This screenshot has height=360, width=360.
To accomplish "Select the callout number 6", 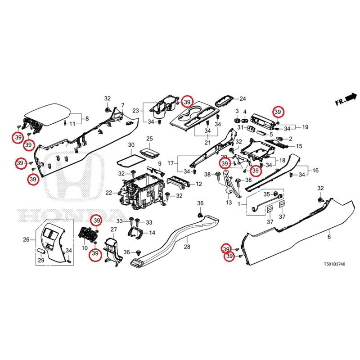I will pos(329,237).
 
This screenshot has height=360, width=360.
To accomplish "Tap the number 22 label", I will pos(108,193).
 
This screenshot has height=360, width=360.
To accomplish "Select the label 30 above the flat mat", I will pos(131,145).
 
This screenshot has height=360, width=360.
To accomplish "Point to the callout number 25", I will pos(150,138).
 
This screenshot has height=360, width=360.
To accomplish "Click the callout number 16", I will pos(315,171).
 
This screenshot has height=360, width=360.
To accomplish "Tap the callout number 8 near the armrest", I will pos(87,119).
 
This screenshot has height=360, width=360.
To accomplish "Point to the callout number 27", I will pos(113,230).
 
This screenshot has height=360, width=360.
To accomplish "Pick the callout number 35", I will pos(266,195).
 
